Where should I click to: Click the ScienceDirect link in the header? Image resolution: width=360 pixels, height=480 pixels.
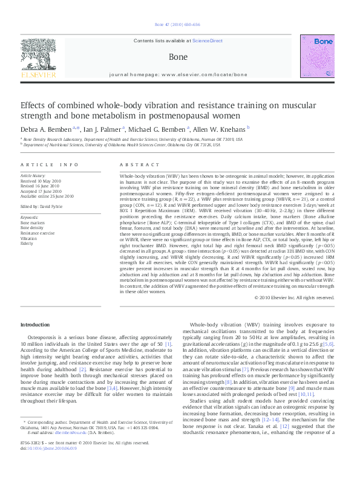click(207, 41)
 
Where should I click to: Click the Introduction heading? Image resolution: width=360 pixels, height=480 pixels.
click(35, 325)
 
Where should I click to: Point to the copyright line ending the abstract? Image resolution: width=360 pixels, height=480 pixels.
click(294, 297)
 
